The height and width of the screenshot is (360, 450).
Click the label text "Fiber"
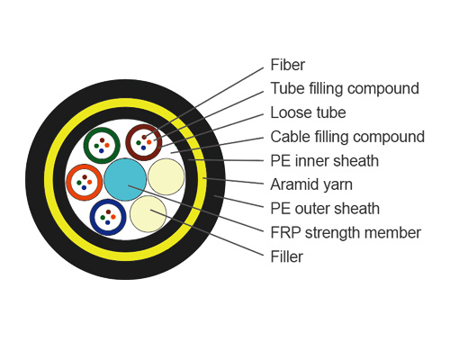[288, 65]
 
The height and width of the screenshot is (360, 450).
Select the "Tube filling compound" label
[345, 88]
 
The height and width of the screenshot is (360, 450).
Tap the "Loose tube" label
[308, 113]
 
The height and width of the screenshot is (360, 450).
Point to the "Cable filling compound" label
[347, 137]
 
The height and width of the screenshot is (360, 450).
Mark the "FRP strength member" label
[346, 233]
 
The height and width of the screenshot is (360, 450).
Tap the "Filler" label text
[286, 256]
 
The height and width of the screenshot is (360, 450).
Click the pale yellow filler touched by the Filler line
[148, 213]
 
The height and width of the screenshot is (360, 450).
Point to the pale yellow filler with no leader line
[166, 176]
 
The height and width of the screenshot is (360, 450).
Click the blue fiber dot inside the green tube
[101, 150]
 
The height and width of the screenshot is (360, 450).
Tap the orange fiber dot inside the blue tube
[113, 216]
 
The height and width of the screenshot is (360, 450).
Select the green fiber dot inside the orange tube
[79, 183]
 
